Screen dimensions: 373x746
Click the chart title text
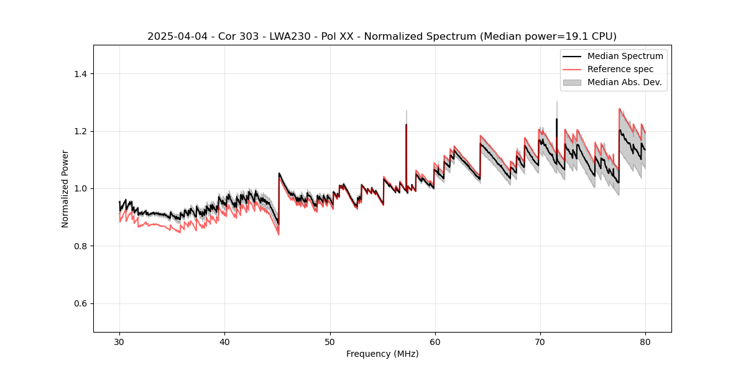382,37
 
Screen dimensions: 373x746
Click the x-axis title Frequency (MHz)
382,354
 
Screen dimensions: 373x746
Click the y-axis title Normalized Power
65,188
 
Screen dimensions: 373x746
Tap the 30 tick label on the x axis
119,342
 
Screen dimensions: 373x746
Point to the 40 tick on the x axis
224,342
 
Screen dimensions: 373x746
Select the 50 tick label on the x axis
329,342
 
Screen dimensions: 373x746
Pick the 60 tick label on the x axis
435,342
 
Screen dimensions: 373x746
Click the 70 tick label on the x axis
540,342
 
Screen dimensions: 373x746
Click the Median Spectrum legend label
625,56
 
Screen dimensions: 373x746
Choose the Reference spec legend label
620,69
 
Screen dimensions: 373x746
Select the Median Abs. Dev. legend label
624,82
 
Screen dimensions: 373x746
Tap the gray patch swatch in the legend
572,82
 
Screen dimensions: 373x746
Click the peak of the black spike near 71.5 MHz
556,119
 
